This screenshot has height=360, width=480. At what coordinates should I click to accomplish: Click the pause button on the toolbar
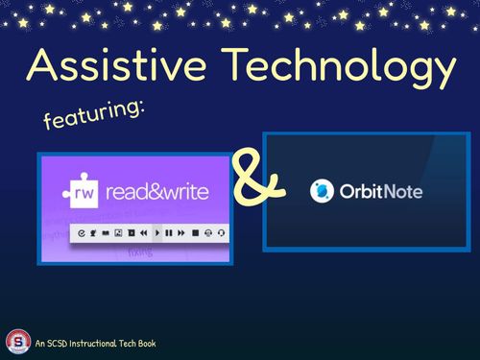pyautogui.click(x=169, y=232)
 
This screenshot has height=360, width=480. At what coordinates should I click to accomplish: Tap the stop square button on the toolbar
pyautogui.click(x=195, y=232)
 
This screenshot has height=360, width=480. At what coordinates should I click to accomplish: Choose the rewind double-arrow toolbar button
pyautogui.click(x=143, y=232)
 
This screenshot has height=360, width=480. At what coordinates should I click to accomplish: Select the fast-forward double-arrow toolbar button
pyautogui.click(x=181, y=232)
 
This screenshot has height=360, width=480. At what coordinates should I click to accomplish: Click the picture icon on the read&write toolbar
pyautogui.click(x=118, y=232)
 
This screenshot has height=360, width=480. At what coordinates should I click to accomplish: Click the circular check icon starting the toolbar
pyautogui.click(x=82, y=232)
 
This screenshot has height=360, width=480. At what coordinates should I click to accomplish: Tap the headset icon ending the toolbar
pyautogui.click(x=221, y=232)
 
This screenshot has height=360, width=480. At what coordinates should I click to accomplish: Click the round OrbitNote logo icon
pyautogui.click(x=322, y=191)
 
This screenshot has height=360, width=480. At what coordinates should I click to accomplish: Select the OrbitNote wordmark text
pyautogui.click(x=381, y=192)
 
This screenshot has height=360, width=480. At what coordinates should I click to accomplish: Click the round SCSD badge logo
pyautogui.click(x=17, y=342)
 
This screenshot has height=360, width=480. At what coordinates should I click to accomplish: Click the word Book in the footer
pyautogui.click(x=145, y=343)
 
